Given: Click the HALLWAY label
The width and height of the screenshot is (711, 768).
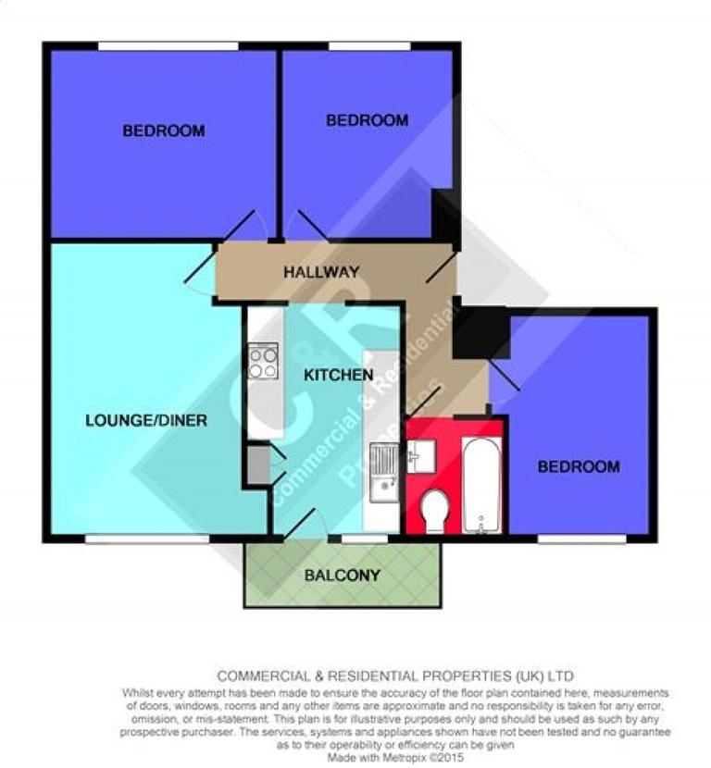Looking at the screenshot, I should [x=320, y=272].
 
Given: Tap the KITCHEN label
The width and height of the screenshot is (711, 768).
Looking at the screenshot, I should [x=339, y=375].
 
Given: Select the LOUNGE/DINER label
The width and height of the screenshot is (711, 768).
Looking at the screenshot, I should [x=146, y=420].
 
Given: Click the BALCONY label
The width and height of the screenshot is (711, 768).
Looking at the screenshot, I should [x=343, y=576].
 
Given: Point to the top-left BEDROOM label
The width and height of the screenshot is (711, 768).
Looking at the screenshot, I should [x=164, y=131].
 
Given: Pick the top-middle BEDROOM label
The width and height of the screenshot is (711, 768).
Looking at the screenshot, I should [x=367, y=120].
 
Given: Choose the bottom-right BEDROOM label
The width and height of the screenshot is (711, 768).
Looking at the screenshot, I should [x=579, y=466].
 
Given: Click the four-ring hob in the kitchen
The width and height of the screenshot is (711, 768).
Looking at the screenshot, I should [x=264, y=360].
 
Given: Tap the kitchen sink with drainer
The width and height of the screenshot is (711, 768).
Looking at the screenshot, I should [x=383, y=471].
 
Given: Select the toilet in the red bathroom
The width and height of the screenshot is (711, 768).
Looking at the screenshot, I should [x=434, y=511].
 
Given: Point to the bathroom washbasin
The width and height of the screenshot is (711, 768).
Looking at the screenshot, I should [x=421, y=455].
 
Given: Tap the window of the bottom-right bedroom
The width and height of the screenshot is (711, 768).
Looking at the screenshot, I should [x=581, y=538].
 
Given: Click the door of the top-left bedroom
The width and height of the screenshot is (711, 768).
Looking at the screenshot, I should [x=243, y=225].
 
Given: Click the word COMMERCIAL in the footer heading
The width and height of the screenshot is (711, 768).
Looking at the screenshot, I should [x=258, y=676].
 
